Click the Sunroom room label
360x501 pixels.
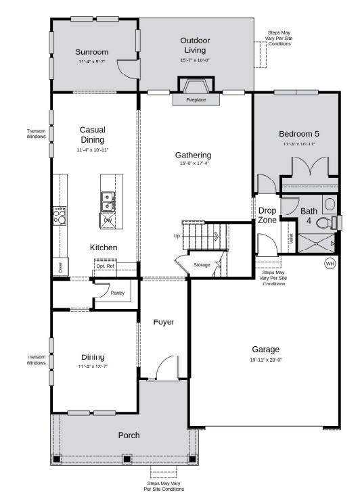click(91, 51)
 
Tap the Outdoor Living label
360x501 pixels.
click(195, 45)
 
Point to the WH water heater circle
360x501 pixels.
click(330, 263)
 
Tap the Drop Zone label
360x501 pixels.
click(267, 215)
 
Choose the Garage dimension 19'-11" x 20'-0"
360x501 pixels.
click(266, 360)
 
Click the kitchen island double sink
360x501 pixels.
click(108, 201)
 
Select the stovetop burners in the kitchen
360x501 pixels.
click(60, 216)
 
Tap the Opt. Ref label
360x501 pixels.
click(105, 266)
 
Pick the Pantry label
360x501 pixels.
click(118, 293)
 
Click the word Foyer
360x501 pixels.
click(163, 322)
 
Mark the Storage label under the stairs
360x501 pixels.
click(202, 264)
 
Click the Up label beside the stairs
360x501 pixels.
click(177, 236)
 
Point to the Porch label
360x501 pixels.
click(129, 435)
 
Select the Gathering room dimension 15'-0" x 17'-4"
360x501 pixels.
click(194, 164)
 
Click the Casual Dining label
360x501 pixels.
click(92, 134)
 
